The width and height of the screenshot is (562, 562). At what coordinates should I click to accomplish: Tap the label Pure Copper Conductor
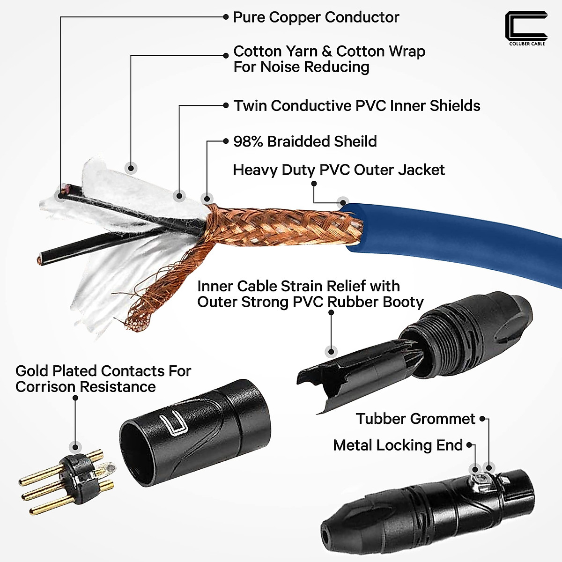coord(316,17)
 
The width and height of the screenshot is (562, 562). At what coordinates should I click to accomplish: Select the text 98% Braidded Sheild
coord(305,141)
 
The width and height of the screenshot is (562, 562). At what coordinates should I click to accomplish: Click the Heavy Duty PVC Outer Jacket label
coord(339,170)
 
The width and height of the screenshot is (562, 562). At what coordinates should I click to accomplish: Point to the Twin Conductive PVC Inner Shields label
coord(357,106)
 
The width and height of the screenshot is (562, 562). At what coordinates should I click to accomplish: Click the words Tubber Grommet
coord(415,419)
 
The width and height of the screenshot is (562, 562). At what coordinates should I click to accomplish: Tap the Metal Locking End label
coord(398,445)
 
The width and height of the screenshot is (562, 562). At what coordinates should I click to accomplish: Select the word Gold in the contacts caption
coord(32,371)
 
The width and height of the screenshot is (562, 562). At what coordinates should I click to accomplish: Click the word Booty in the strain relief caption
coord(403,302)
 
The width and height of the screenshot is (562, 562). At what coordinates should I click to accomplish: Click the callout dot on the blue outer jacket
coord(343,203)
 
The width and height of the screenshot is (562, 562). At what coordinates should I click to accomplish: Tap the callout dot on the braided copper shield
coord(207,199)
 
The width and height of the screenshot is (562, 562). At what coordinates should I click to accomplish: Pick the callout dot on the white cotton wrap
coord(132,168)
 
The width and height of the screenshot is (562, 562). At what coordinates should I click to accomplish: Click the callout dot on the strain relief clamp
coord(332,351)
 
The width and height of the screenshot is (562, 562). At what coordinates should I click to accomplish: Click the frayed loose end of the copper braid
coord(136,321)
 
